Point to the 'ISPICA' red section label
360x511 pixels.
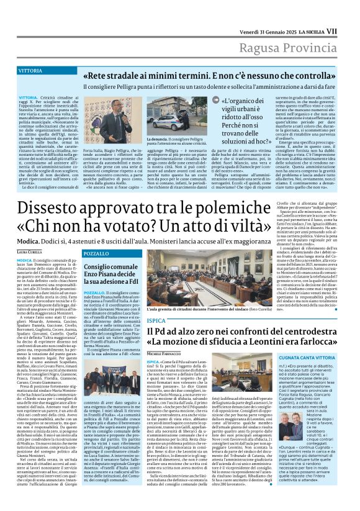click(156, 321)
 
